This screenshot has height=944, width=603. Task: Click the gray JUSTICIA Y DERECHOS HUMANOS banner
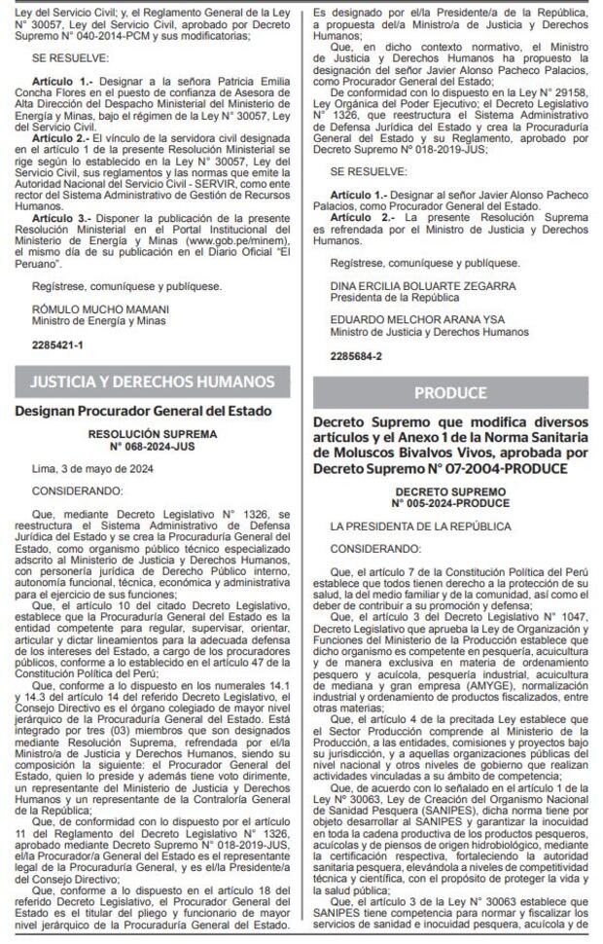click(153, 381)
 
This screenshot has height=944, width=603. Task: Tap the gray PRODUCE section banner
click(449, 393)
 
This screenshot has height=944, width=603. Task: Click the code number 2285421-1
click(56, 345)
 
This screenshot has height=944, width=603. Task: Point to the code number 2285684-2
click(355, 357)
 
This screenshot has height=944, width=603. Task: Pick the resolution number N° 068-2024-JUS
click(153, 447)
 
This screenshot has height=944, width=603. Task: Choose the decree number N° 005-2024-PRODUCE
click(450, 503)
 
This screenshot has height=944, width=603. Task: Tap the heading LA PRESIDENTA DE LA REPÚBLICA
click(407, 526)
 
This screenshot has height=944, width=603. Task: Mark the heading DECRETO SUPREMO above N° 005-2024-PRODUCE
click(450, 492)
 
